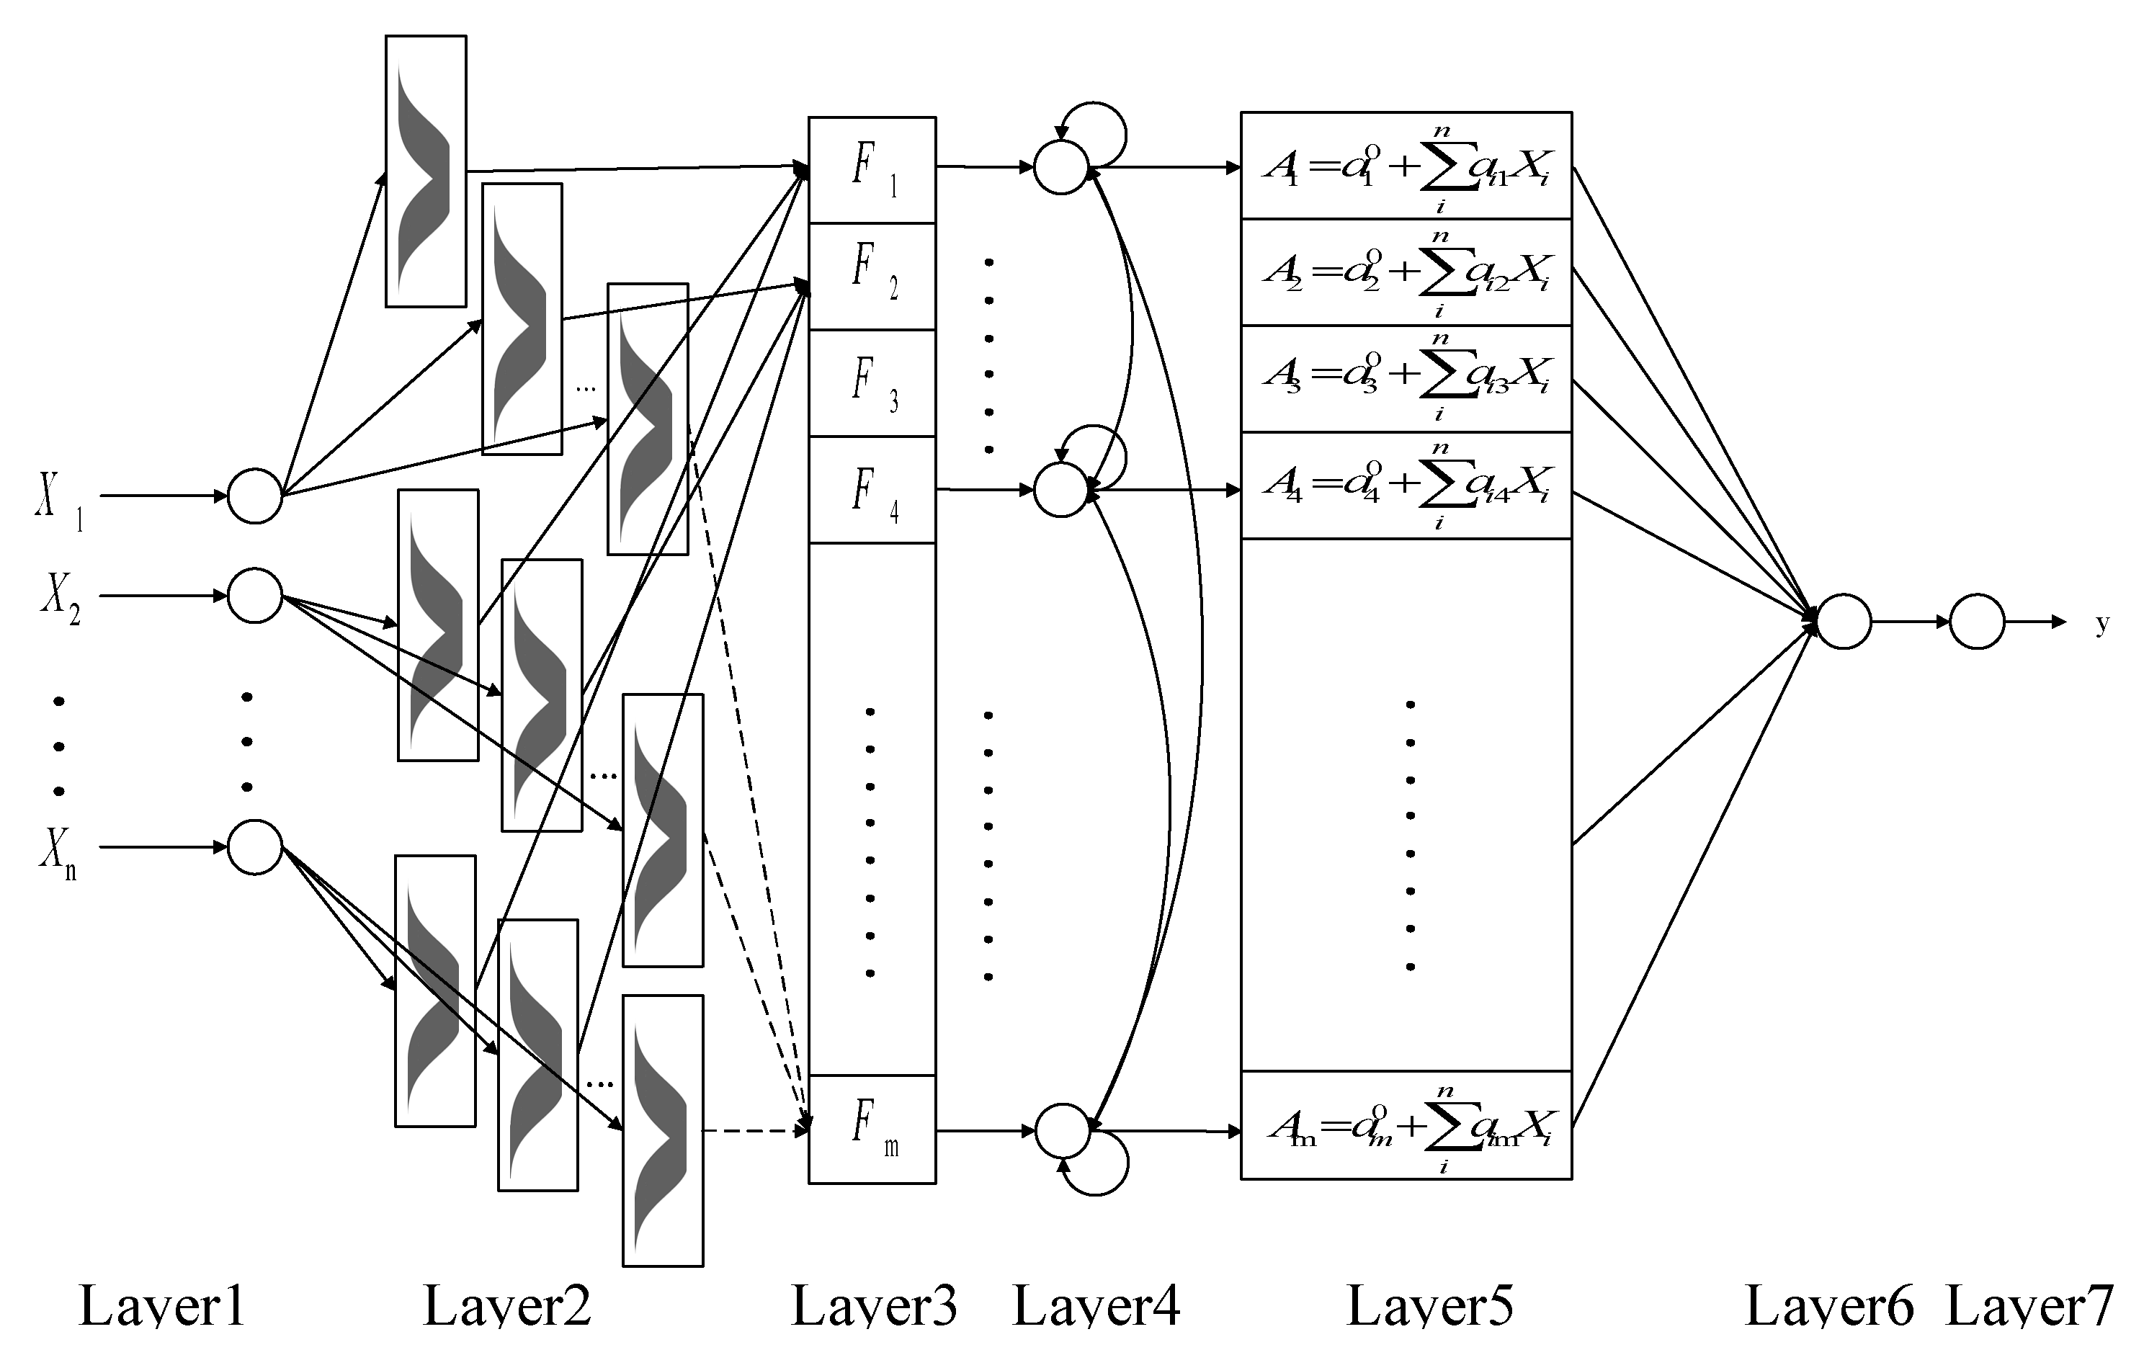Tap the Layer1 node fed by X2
tap(254, 596)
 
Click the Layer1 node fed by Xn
tap(254, 846)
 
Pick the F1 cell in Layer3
tap(872, 169)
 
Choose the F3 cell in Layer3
tap(872, 383)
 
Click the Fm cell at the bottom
tap(872, 1129)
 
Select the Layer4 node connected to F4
tap(1061, 490)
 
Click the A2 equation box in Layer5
tap(1406, 272)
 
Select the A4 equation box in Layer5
tap(1406, 486)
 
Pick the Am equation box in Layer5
tap(1406, 1125)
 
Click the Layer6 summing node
tap(1843, 622)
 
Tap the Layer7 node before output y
tap(1977, 622)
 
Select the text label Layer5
tap(1429, 1306)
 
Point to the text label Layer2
tap(506, 1306)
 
